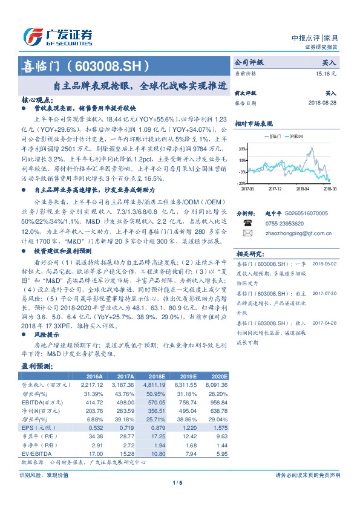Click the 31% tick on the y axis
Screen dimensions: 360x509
point(242,149)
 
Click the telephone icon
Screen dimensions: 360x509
point(247,222)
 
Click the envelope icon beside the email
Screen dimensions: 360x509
point(247,232)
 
